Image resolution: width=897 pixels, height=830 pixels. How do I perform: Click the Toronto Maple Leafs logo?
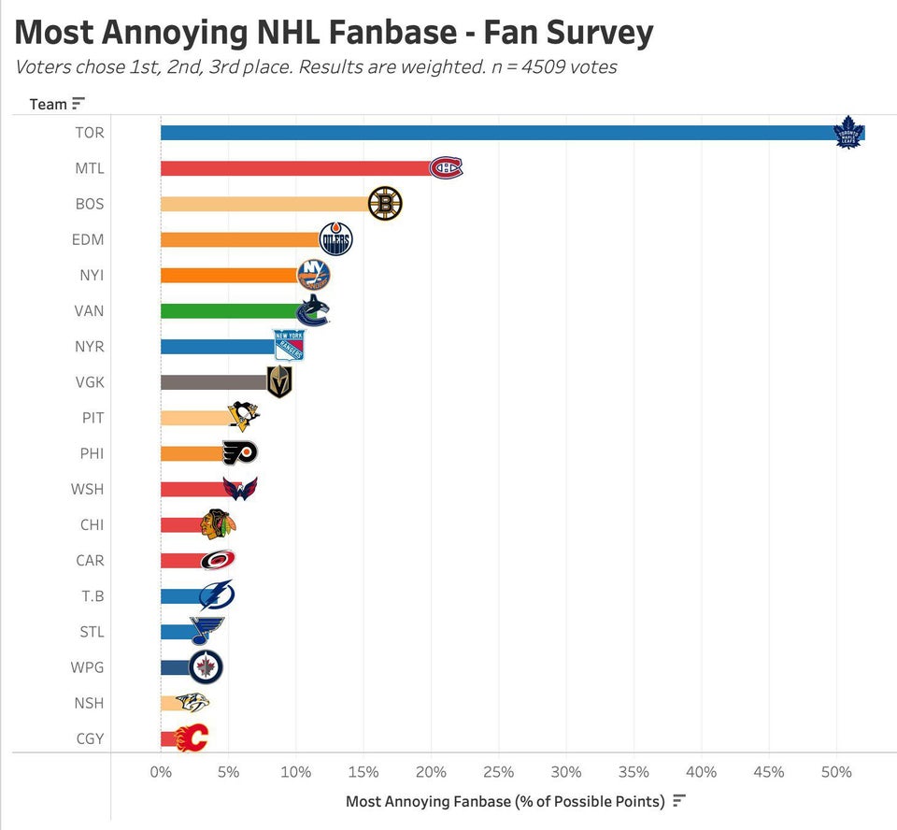pyautogui.click(x=848, y=133)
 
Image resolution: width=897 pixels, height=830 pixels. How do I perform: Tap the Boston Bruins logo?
pyautogui.click(x=384, y=204)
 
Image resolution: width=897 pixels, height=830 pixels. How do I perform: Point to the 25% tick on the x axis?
pyautogui.click(x=499, y=772)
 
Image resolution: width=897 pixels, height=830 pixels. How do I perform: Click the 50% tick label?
pyautogui.click(x=836, y=772)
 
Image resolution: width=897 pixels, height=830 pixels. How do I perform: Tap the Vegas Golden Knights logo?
pyautogui.click(x=279, y=381)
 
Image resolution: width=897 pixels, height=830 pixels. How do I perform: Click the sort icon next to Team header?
pyautogui.click(x=78, y=103)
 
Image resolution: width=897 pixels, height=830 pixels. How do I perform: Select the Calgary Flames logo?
pyautogui.click(x=192, y=738)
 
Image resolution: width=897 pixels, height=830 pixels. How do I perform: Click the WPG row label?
pyautogui.click(x=89, y=667)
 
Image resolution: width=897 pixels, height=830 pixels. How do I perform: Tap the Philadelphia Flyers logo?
pyautogui.click(x=239, y=453)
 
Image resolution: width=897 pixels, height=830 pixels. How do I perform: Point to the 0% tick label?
pyautogui.click(x=161, y=772)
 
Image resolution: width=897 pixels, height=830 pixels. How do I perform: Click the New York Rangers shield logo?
pyautogui.click(x=289, y=346)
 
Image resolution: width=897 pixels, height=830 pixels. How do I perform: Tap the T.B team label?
pyautogui.click(x=92, y=596)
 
